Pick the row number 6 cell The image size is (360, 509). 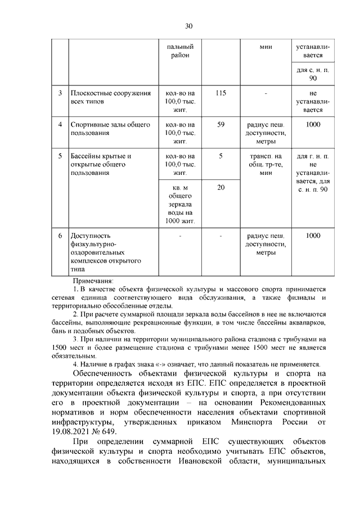click(60, 236)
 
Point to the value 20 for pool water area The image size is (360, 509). click(220, 187)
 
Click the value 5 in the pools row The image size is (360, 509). click(220, 156)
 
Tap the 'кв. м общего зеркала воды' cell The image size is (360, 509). click(180, 204)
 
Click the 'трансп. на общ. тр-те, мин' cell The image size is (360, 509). click(266, 164)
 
